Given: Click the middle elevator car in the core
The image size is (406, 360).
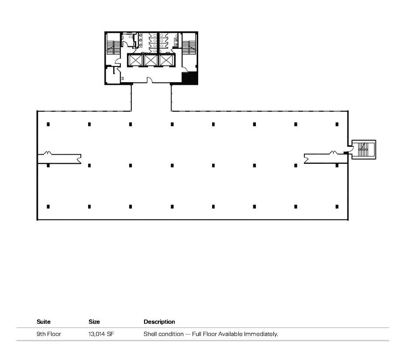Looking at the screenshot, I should (x=151, y=60).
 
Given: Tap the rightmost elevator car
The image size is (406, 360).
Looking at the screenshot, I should (x=166, y=60).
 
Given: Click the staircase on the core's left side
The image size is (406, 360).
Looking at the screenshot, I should (x=113, y=47).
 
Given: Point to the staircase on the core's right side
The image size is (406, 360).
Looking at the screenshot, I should (x=189, y=47).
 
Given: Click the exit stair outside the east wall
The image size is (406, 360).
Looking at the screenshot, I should (x=363, y=149).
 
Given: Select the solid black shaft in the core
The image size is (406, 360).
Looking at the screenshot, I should (x=189, y=79).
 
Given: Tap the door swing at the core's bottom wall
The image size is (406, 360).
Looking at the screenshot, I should (x=150, y=80).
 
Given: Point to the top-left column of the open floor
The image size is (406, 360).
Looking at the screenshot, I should (x=48, y=124).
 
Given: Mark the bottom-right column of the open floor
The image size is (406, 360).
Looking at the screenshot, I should (x=337, y=207).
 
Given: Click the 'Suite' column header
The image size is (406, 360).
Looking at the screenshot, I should (x=44, y=322).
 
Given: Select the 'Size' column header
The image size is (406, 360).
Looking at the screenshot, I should (x=94, y=322).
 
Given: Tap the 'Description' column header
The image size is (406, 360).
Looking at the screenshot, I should (x=159, y=322).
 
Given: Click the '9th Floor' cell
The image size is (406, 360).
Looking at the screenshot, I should (x=49, y=334).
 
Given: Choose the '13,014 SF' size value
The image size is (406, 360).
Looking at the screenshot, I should (x=102, y=334).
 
